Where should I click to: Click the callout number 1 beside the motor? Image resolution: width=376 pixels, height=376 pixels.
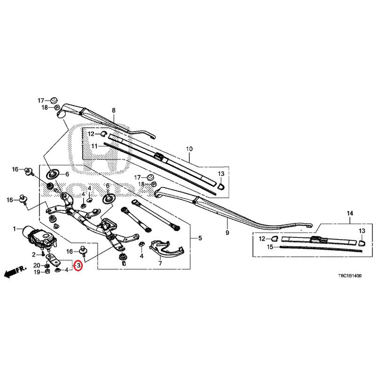pos(15,229)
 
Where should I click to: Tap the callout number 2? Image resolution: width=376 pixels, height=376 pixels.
pos(34,254)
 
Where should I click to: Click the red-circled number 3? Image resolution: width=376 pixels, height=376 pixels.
pos(78,266)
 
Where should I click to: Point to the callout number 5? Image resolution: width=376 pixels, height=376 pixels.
pos(199,238)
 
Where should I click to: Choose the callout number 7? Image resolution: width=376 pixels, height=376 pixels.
pos(160,263)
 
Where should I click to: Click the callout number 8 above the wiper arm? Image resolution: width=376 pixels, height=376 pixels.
pos(113,110)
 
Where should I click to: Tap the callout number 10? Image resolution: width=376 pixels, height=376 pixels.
pos(189,149)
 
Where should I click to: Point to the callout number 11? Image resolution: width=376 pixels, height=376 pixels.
pos(94,146)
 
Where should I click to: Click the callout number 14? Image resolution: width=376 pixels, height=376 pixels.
pos(349,214)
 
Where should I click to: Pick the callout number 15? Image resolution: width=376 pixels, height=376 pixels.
pos(270,247)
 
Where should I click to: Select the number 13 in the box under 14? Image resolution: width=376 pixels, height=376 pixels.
pos(362,231)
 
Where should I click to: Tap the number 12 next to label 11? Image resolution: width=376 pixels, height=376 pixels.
pos(91,134)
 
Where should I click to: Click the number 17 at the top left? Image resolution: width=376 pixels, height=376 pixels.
pos(41,101)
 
